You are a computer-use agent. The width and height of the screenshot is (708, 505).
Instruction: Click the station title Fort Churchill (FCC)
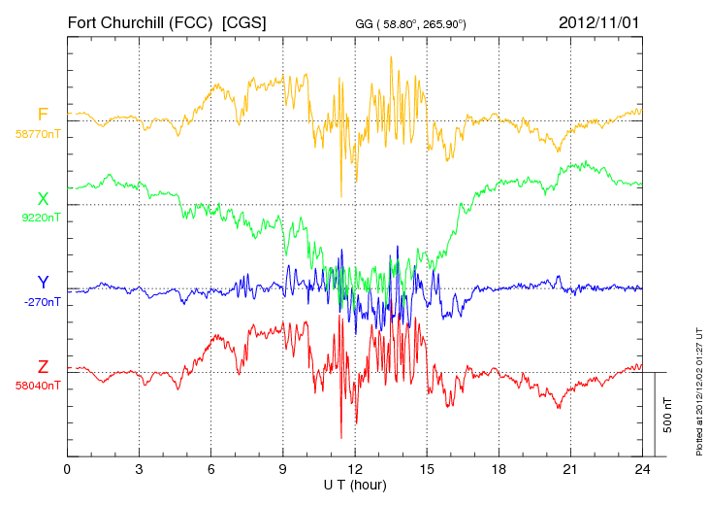click(139, 21)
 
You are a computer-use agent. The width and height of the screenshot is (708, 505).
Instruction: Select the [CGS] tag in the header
click(245, 21)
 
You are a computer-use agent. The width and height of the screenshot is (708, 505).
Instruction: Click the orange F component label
click(43, 115)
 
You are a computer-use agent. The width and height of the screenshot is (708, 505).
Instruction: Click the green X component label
click(43, 199)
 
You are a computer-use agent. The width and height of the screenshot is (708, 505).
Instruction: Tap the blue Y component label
click(43, 283)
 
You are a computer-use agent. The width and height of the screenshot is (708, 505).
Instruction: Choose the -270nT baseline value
click(42, 302)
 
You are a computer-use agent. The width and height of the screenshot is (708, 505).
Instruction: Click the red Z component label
click(43, 367)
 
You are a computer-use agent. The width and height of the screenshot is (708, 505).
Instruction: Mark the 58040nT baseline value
click(39, 386)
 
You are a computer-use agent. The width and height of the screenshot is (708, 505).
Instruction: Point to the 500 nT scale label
click(668, 414)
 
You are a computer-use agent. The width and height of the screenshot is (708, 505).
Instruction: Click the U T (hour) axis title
click(355, 484)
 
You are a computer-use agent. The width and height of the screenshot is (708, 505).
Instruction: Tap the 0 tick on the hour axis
click(67, 469)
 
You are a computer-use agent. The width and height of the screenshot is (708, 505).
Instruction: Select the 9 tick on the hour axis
click(283, 469)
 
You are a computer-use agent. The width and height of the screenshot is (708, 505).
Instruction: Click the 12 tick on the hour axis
click(355, 469)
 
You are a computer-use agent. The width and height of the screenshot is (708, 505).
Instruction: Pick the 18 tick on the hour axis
click(499, 469)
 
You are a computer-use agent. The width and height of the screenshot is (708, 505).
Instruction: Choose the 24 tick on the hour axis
click(642, 469)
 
